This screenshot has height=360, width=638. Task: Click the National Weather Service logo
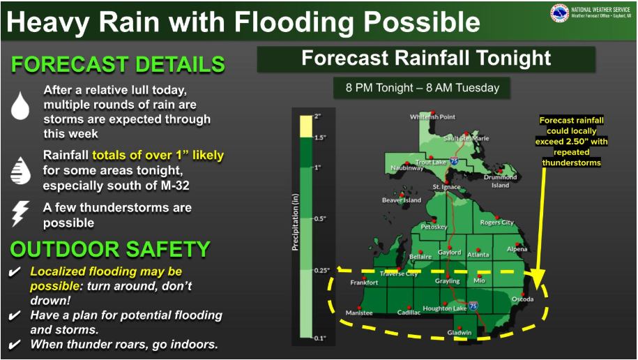pyautogui.click(x=559, y=13)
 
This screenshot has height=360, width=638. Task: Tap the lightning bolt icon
pyautogui.click(x=20, y=213)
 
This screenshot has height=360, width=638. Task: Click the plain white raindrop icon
pyautogui.click(x=20, y=105)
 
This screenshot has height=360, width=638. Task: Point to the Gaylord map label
pyautogui.click(x=450, y=253)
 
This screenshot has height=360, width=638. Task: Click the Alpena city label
pyautogui.click(x=517, y=249)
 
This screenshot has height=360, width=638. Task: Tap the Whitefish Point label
pyautogui.click(x=432, y=117)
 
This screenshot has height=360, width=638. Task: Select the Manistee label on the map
pyautogui.click(x=359, y=313)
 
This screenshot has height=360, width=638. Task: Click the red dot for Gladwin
pyautogui.click(x=459, y=327)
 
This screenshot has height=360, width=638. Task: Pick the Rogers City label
pyautogui.click(x=497, y=223)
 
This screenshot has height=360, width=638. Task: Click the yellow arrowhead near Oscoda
pyautogui.click(x=536, y=280)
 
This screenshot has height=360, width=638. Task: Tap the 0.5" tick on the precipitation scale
pyautogui.click(x=319, y=218)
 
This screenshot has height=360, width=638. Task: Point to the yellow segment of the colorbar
pyautogui.click(x=306, y=127)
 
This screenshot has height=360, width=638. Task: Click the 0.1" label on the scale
pyautogui.click(x=319, y=338)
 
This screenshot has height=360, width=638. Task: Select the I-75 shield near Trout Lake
pyautogui.click(x=454, y=161)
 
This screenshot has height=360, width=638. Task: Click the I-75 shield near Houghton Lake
pyautogui.click(x=472, y=306)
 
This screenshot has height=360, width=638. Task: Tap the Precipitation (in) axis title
pyautogui.click(x=296, y=222)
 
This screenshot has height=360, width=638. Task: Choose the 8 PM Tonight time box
pyautogui.click(x=422, y=88)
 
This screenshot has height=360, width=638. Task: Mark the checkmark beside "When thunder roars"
pyautogui.click(x=14, y=345)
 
